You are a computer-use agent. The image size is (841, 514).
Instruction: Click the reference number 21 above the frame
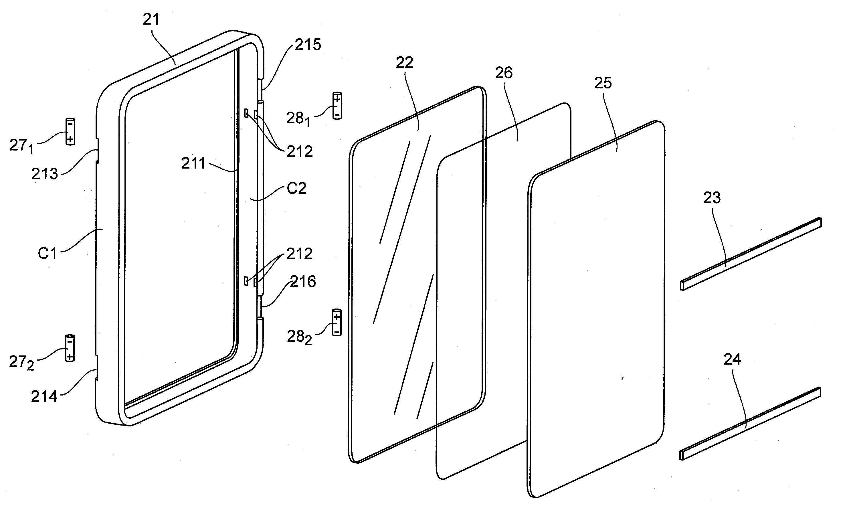(x=151, y=19)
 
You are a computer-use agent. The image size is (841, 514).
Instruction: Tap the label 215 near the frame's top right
(x=308, y=45)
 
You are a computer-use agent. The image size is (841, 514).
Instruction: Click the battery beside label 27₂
(x=70, y=348)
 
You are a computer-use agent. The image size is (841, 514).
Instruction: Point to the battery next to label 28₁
(x=337, y=106)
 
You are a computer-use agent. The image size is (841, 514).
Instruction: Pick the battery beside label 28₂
(x=337, y=323)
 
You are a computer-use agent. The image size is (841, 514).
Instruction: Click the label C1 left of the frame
(x=47, y=254)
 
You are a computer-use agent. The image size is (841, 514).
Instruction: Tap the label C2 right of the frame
(x=297, y=188)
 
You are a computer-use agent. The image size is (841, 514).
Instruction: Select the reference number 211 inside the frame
(x=193, y=163)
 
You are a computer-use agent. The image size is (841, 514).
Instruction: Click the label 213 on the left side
(x=45, y=174)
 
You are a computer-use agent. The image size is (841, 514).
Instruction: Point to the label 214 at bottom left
(x=44, y=397)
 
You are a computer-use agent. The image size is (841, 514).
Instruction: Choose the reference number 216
(x=303, y=282)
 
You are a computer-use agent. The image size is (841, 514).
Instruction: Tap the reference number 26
(x=504, y=73)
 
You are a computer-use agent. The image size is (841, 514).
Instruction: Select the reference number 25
(x=603, y=83)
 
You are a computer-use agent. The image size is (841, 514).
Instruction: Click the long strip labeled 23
(x=751, y=254)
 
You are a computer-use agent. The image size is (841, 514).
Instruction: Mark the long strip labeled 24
(x=751, y=424)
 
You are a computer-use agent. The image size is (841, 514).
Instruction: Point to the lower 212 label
(x=300, y=254)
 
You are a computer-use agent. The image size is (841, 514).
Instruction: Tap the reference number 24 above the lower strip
(x=732, y=359)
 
